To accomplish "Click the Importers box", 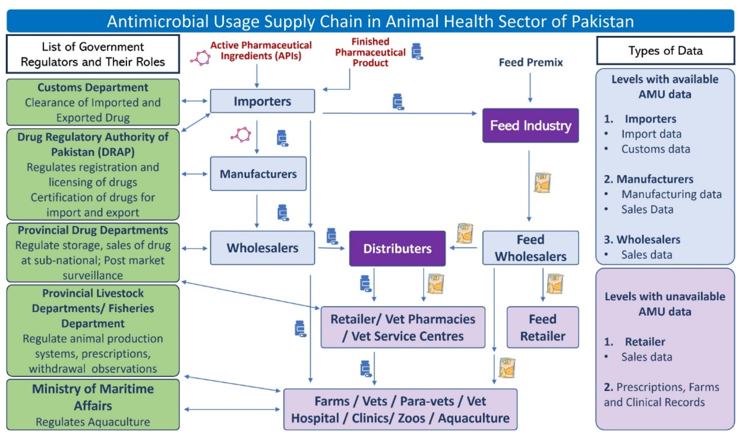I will point(262,101).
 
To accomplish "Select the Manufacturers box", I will point(258,174).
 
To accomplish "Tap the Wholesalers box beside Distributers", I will point(262,248).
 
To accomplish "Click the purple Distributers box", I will point(397,248).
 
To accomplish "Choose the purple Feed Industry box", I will point(530,126).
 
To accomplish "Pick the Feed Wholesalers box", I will point(530,248).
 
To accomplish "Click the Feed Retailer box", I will point(542,327).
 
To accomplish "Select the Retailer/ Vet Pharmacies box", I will point(403,327).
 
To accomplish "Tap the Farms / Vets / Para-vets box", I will point(400,409).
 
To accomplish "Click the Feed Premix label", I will point(531,62).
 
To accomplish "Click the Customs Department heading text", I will point(93,87).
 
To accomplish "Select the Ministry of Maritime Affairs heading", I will point(93,397).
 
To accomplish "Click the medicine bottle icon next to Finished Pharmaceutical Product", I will point(417,52).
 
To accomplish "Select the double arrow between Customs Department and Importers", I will point(195,101).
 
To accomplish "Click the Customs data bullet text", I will point(655,149).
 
